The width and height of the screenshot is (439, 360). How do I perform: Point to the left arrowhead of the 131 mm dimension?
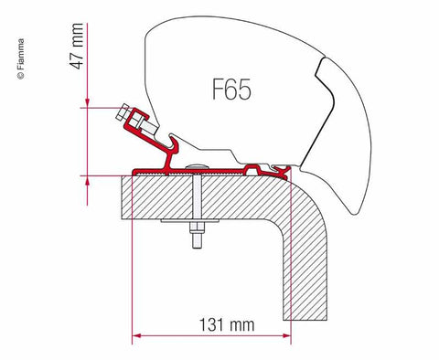click(138, 335)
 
